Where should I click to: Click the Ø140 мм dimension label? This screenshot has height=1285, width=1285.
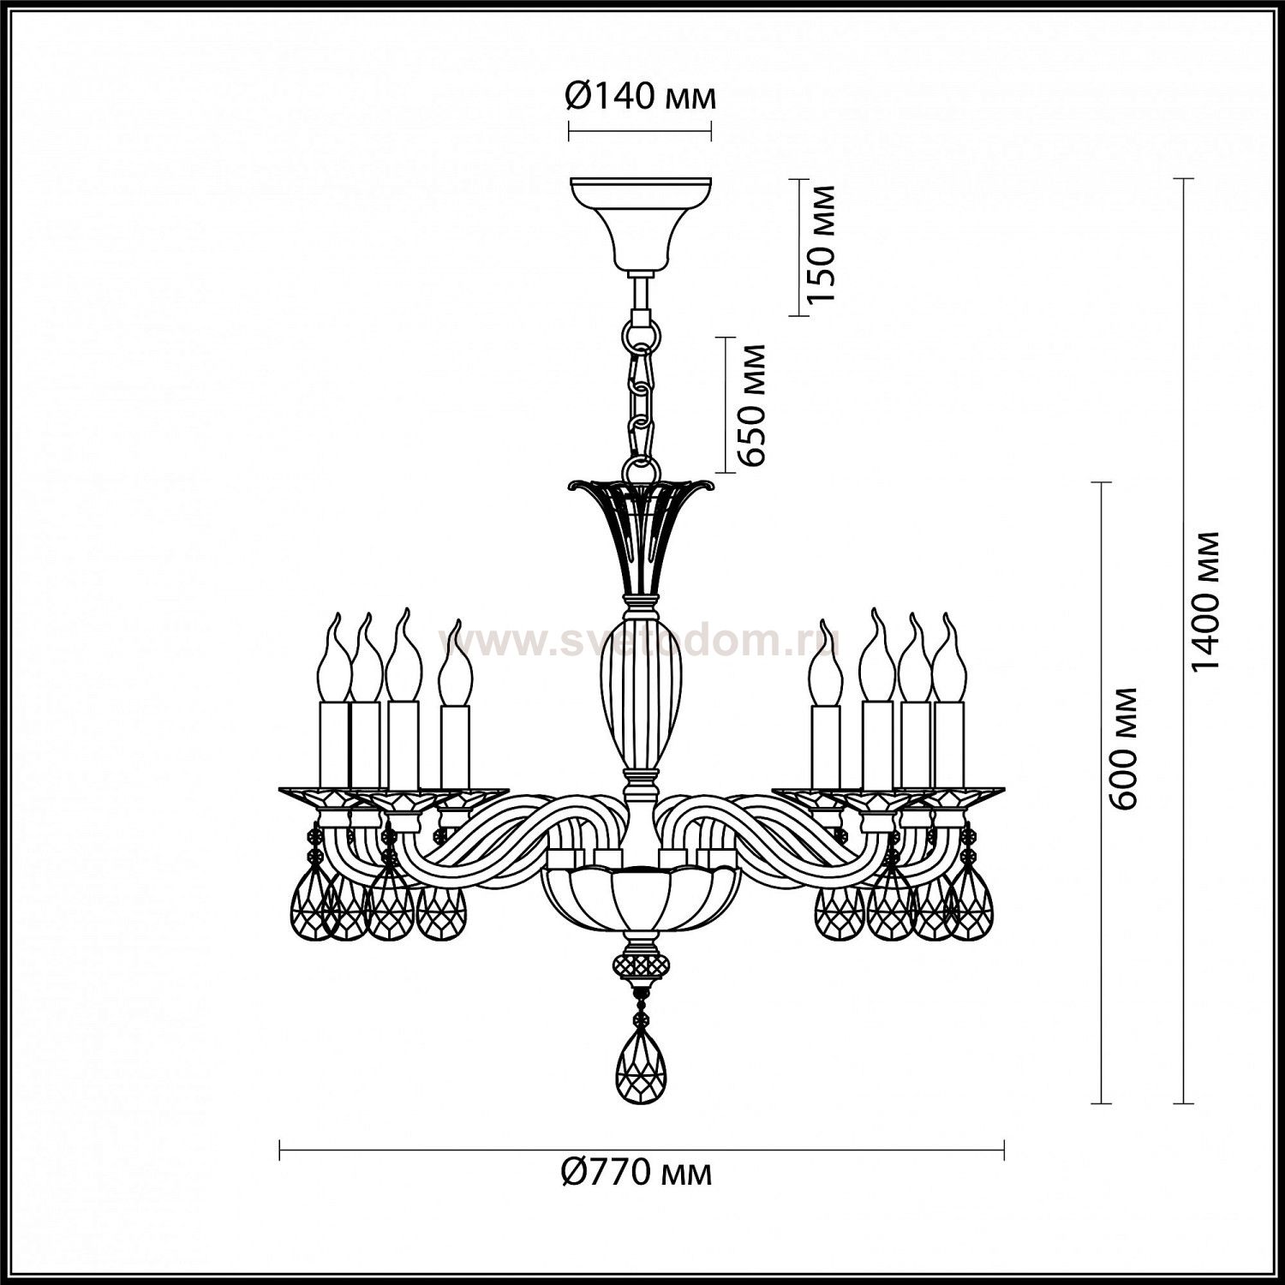640,98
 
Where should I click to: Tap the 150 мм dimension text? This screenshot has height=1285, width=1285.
821,243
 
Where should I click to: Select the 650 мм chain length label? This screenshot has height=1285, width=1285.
751,404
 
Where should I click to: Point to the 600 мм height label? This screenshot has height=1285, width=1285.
1123,747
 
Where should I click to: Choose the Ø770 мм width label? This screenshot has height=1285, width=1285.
637,1172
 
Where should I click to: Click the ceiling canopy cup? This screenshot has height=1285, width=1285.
641,223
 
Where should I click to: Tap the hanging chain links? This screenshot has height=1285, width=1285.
641,390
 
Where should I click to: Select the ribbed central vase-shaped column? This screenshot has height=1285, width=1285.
641,694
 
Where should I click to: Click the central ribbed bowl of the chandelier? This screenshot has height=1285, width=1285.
641,899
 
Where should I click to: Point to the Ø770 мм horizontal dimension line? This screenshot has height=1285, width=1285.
642,1150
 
